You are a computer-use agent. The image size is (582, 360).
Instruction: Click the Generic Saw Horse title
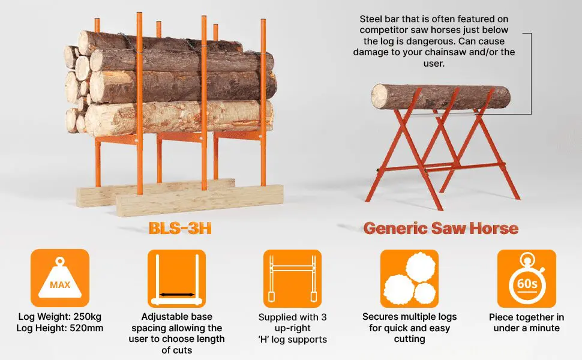[441, 228]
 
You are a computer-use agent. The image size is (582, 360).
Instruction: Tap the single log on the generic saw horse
[440, 96]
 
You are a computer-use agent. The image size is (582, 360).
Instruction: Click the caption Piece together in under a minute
[526, 322]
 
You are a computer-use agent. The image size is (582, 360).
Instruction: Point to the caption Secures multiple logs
[409, 316]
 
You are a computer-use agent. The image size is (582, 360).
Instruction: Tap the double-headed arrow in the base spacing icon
[176, 295]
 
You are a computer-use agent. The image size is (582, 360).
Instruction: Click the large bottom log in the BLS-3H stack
[180, 118]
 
